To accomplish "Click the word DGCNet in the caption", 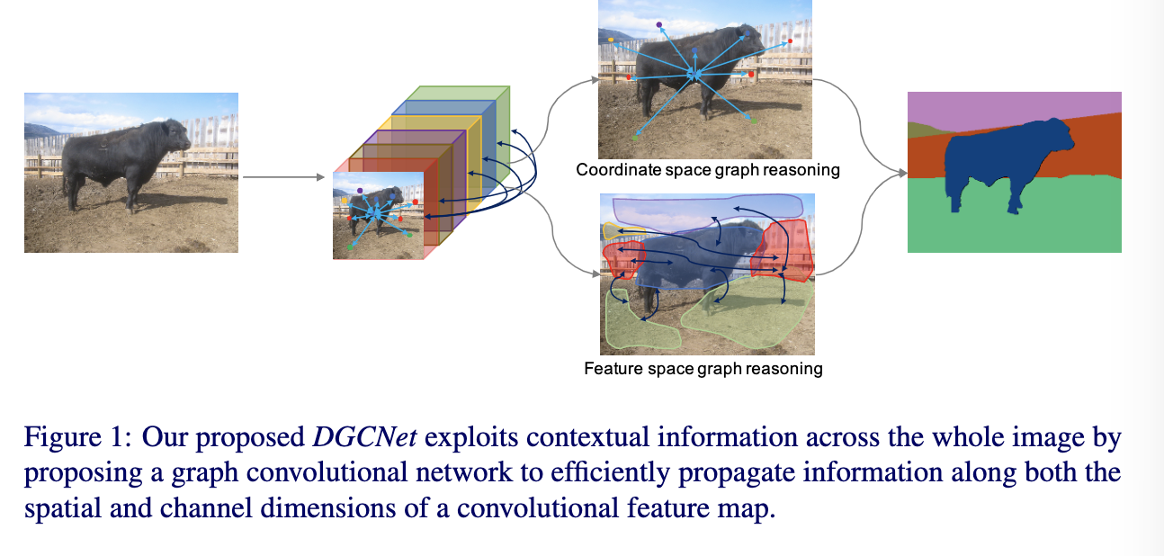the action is (364, 436).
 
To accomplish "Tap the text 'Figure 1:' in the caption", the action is (78, 436).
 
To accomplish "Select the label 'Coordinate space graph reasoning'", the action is (708, 170).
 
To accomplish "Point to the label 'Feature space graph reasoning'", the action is (703, 368).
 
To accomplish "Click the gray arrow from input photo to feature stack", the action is (283, 177).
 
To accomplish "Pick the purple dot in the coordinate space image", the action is (658, 25).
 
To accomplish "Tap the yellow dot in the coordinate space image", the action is (611, 40).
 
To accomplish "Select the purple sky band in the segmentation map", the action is (1013, 106).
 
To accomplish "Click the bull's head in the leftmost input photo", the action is (175, 136).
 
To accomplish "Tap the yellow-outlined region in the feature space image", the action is (617, 230).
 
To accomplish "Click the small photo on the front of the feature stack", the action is (379, 215).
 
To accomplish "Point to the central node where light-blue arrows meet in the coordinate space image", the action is (694, 76).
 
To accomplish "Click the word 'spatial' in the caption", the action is (63, 508).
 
